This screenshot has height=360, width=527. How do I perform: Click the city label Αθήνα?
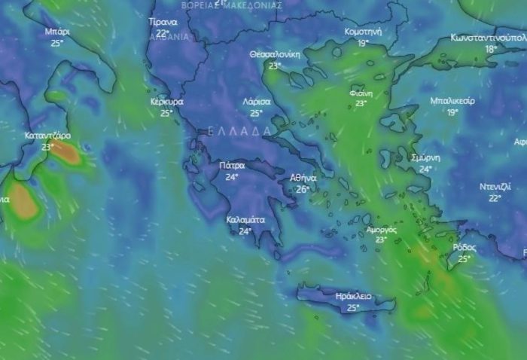point(303,178)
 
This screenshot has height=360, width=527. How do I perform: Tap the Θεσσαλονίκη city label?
point(275,54)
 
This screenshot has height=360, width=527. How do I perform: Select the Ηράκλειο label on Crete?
point(353,297)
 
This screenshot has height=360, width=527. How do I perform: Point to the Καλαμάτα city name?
point(245,220)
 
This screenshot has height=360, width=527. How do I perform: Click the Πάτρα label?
point(232,165)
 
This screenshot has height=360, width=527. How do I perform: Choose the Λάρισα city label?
point(256,101)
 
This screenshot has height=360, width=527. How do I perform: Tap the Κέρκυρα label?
point(166,101)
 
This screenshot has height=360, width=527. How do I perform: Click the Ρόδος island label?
point(465,247)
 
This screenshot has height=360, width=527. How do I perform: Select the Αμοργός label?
point(381,229)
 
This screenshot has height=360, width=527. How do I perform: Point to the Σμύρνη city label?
point(425,157)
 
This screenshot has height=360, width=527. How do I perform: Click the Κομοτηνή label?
point(363,32)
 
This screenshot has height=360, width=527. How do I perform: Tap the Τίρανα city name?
point(163,22)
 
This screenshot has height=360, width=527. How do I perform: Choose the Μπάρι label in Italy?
point(57,32)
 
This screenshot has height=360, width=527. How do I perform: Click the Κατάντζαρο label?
point(47,136)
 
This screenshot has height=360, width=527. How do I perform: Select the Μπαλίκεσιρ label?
point(452,101)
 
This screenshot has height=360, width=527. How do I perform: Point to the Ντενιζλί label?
point(495,187)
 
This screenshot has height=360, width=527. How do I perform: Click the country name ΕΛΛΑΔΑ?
point(239,131)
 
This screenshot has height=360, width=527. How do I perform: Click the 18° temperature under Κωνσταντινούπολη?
point(491,49)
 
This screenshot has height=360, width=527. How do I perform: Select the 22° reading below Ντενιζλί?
point(495,198)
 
